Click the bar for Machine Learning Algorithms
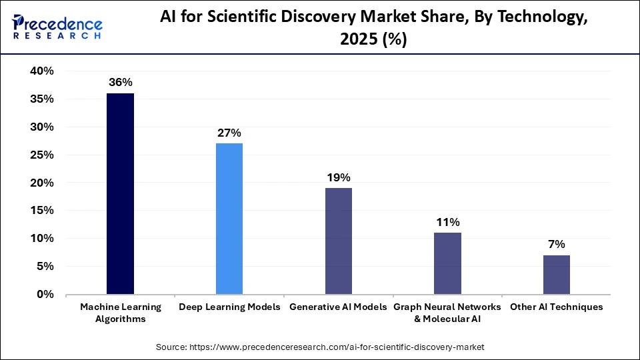(x=121, y=193)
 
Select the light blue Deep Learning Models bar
(x=229, y=219)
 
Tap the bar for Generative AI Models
(x=339, y=241)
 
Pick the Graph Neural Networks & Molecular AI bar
(x=447, y=263)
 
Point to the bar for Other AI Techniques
(x=557, y=274)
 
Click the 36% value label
(x=121, y=83)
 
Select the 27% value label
(x=229, y=133)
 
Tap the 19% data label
(x=339, y=177)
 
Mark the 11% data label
(x=447, y=222)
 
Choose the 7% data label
(x=557, y=245)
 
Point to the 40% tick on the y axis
(x=41, y=71)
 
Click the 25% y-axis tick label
(x=41, y=155)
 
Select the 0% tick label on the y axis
(x=45, y=294)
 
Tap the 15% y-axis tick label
(x=41, y=211)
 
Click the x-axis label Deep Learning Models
(x=229, y=307)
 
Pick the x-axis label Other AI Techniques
(x=557, y=307)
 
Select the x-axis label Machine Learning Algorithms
(x=121, y=313)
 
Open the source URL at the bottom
(x=320, y=347)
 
